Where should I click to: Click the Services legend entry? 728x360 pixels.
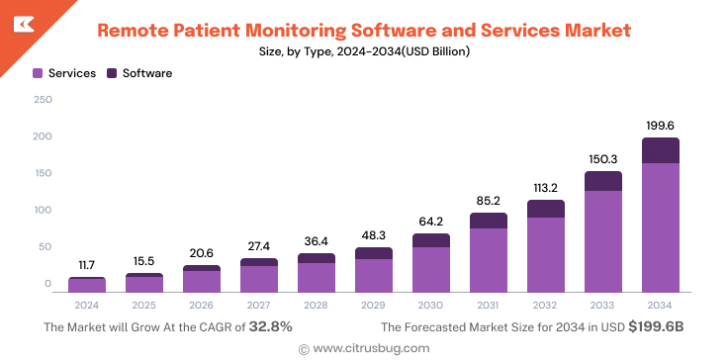tap(64, 73)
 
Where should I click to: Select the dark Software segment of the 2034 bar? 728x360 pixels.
tap(660, 150)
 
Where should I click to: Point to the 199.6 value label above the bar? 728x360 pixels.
tap(660, 126)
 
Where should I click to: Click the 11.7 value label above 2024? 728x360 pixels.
tap(87, 265)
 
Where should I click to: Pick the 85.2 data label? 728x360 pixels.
tap(488, 201)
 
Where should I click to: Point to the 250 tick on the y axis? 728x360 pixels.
tap(43, 99)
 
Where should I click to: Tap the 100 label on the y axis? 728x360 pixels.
tap(43, 210)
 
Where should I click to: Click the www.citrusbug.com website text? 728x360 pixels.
tap(370, 348)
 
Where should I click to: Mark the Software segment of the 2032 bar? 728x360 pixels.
tap(545, 209)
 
